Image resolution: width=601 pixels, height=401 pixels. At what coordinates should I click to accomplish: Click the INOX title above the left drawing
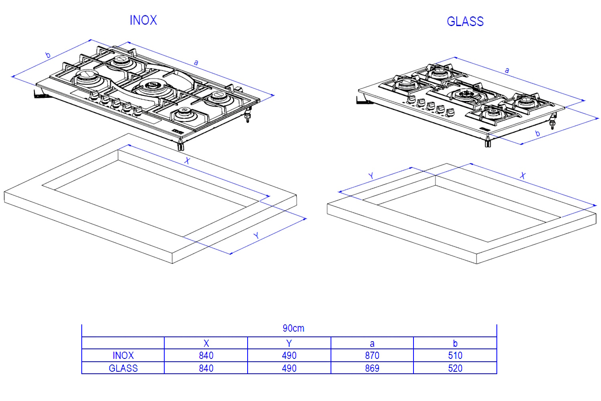[143, 20]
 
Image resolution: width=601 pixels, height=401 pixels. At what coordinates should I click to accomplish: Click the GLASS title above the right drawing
[465, 21]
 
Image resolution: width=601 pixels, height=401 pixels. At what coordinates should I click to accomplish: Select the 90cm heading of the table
[293, 328]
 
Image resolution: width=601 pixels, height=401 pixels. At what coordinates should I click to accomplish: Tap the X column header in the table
[206, 343]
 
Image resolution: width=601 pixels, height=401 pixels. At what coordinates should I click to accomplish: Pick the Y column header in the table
[289, 343]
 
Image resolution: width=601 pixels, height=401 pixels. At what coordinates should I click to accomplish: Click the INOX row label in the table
[123, 356]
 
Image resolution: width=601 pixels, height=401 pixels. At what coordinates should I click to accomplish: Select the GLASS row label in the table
[123, 368]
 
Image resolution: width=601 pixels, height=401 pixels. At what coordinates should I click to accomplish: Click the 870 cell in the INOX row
[372, 356]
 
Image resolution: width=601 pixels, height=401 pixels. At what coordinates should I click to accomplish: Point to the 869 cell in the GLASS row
[372, 368]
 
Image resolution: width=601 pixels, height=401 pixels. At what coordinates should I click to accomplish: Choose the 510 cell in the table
[455, 356]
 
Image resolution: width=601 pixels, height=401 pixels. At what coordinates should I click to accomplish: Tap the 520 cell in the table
[455, 368]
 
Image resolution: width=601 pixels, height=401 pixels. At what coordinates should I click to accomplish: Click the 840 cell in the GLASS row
[206, 368]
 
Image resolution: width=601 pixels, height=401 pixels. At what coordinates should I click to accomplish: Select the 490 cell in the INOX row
[289, 356]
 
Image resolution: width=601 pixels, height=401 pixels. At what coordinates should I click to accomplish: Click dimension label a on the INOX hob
[196, 62]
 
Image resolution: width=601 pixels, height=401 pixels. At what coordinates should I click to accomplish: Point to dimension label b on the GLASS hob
[538, 134]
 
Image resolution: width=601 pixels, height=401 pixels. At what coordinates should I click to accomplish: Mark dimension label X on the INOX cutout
[187, 161]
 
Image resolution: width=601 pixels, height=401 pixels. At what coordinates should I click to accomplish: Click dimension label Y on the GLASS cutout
[371, 176]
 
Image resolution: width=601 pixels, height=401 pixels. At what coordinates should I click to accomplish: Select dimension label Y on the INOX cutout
[256, 236]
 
